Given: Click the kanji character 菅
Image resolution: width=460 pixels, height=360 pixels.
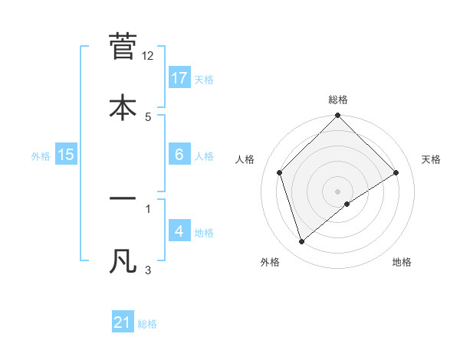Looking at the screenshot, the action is (x=123, y=46).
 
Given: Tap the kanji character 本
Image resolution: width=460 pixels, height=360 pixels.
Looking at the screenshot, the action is (x=123, y=107).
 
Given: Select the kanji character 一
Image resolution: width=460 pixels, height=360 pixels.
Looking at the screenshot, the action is (x=123, y=199).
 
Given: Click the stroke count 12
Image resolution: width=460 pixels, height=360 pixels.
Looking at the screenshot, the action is (x=148, y=56).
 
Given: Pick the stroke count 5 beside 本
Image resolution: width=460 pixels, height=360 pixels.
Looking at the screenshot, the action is (x=148, y=116).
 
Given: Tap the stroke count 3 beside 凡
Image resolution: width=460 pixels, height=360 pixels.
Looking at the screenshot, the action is (x=148, y=270).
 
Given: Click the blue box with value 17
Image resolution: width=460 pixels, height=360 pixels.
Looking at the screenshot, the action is (x=179, y=78).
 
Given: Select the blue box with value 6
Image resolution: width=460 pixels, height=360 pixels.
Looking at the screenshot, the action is (x=179, y=155).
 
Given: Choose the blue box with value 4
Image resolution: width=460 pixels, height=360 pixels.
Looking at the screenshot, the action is (x=179, y=231).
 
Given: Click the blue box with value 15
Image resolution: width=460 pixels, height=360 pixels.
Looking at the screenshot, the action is (x=66, y=155).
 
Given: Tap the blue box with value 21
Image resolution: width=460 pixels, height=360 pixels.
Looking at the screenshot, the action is (x=123, y=323).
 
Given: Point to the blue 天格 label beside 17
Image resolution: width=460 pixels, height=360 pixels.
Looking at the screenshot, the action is (x=204, y=79).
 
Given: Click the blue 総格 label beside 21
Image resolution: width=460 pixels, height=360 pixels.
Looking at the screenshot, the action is (x=147, y=324).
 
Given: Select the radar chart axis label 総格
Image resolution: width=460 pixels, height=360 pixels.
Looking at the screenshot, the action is (x=338, y=100).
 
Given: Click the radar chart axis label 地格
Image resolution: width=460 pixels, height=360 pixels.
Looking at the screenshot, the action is (x=402, y=262).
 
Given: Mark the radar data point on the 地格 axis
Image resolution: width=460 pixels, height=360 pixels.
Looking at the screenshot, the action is (x=347, y=204).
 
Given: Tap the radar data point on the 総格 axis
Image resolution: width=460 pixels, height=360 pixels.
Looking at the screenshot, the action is (x=338, y=116).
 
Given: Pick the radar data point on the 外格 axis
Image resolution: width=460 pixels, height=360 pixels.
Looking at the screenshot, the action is (x=301, y=242).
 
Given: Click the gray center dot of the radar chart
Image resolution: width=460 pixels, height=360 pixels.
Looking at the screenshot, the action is (x=338, y=191).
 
